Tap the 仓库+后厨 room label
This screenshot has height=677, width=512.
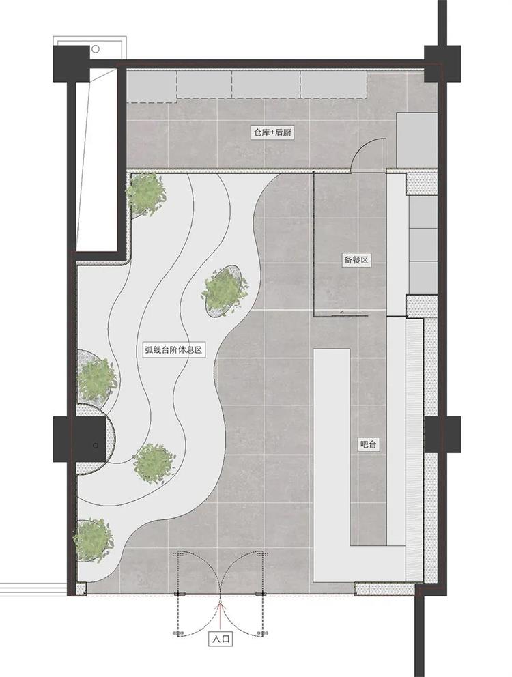pyautogui.click(x=272, y=132)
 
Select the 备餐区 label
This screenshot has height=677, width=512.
pyautogui.click(x=357, y=260)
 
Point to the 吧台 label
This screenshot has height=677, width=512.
pyautogui.click(x=369, y=444)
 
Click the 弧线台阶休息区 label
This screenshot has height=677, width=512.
pyautogui.click(x=173, y=349)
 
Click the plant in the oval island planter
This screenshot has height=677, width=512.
pyautogui.click(x=225, y=290)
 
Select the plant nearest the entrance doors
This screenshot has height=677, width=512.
pyautogui.click(x=93, y=541)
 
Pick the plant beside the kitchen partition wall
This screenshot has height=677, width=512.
pyautogui.click(x=145, y=192)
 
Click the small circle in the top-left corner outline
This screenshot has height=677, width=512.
pyautogui.click(x=96, y=48)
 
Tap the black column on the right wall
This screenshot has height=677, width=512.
pyautogui.click(x=442, y=434)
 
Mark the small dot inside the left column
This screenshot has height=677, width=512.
pyautogui.click(x=96, y=445)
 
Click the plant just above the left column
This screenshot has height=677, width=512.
pyautogui.click(x=96, y=379)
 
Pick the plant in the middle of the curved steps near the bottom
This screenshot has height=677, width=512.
pyautogui.click(x=154, y=463)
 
